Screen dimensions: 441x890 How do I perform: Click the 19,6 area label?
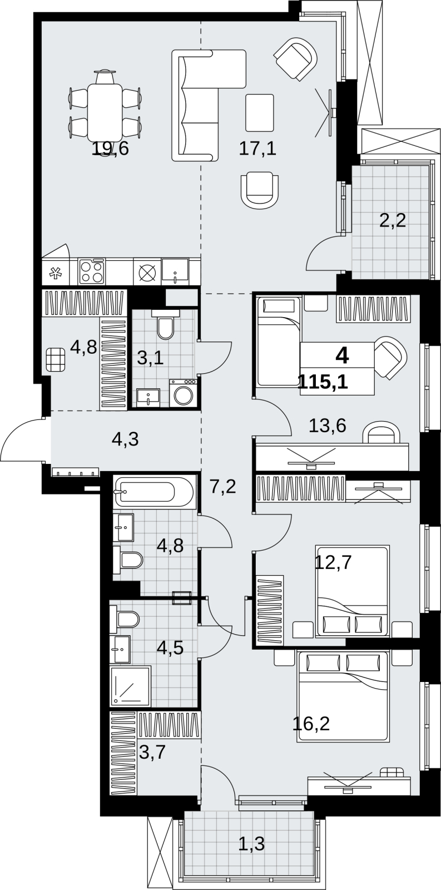click(111, 149)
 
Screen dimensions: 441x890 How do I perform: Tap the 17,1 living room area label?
click(257, 149)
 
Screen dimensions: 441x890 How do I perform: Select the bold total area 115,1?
click(324, 382)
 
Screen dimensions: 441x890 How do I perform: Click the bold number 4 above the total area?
click(342, 355)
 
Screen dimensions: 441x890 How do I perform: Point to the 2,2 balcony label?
click(393, 220)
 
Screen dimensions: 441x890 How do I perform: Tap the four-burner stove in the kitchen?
click(92, 271)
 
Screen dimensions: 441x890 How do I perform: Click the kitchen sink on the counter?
click(175, 271)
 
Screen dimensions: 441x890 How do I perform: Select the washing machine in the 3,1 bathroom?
click(183, 393)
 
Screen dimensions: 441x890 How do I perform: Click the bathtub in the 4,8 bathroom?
click(153, 492)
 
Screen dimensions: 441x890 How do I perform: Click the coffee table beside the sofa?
click(260, 113)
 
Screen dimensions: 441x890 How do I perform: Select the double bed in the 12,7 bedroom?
click(352, 591)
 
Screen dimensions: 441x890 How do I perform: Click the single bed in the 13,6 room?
click(278, 342)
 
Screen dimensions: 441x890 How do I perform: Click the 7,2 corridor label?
click(224, 487)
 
